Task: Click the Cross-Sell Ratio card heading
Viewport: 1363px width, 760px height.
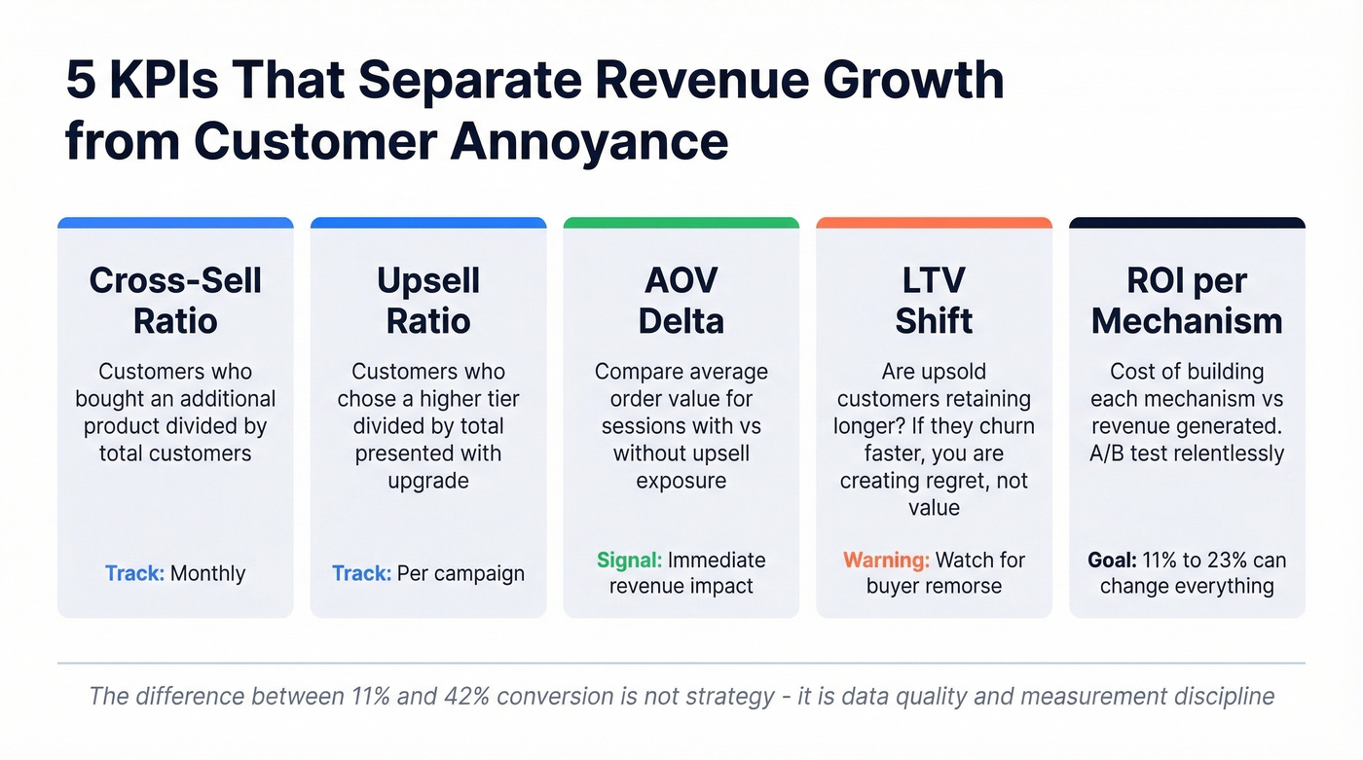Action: coord(175,301)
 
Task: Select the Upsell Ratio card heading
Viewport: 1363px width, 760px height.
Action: coord(428,301)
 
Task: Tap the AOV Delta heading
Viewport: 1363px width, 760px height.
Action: coord(681,301)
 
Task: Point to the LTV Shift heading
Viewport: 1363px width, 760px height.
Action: coord(934,301)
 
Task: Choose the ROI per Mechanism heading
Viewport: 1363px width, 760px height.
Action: coord(1187,301)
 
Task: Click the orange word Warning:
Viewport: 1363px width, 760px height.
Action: coord(885,561)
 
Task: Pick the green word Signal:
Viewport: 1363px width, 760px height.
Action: coord(629,561)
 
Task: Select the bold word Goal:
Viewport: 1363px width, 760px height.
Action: coord(1112,561)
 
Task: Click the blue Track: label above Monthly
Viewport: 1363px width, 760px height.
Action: coord(134,573)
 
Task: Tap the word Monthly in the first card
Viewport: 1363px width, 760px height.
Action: coord(207,573)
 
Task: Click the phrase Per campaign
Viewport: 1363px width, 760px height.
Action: coord(460,573)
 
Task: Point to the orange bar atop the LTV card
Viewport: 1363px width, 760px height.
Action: coord(934,223)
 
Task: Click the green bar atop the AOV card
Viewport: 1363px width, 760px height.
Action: coord(681,223)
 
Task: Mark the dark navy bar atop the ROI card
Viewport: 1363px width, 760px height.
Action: coord(1187,223)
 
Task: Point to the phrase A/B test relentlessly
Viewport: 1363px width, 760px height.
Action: coord(1187,453)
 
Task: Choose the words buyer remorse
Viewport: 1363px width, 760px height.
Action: coord(934,586)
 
